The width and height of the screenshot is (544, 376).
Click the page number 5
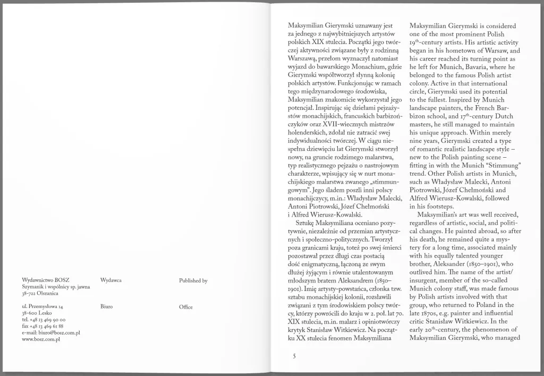click(x=294, y=356)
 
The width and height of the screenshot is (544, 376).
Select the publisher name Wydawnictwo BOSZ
click(x=46, y=279)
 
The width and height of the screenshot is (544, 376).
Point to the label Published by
click(x=193, y=280)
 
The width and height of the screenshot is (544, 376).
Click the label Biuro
click(x=106, y=306)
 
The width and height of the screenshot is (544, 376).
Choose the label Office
click(x=186, y=307)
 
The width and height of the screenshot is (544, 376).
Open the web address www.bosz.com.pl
click(x=41, y=339)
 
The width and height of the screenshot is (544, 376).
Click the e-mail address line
click(x=51, y=332)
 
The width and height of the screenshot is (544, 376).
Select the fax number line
click(x=43, y=326)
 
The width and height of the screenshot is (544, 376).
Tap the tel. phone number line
click(x=43, y=320)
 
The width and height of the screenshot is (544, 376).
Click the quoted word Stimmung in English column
click(x=495, y=165)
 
